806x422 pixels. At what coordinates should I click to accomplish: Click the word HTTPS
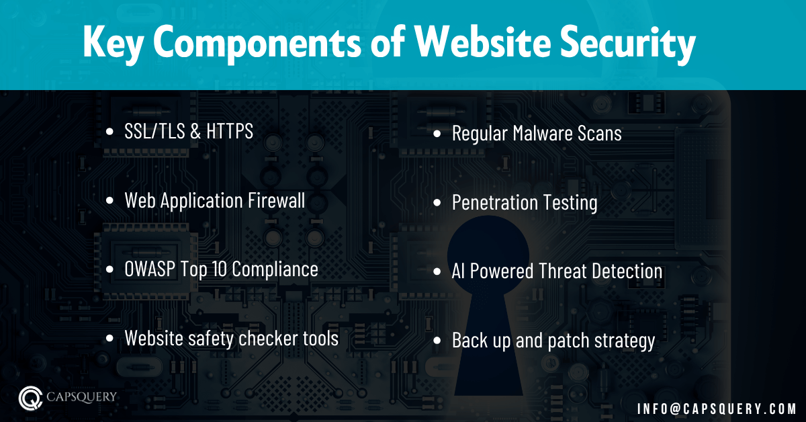[230, 132]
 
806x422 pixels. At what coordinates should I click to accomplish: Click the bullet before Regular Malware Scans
[437, 134]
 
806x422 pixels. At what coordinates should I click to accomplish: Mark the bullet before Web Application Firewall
[110, 201]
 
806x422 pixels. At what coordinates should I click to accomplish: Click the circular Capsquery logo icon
[30, 397]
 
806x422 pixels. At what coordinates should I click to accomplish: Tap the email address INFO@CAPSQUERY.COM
[717, 408]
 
